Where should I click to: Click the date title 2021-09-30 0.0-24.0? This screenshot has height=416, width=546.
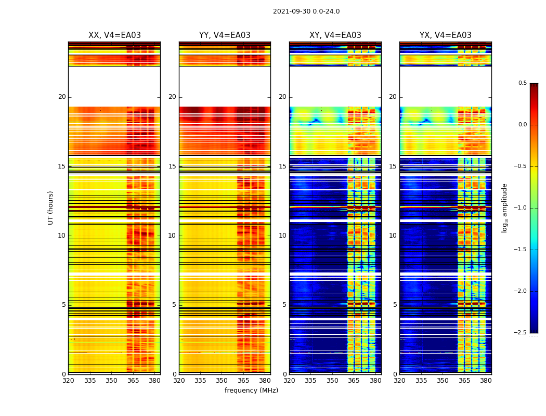click(306, 11)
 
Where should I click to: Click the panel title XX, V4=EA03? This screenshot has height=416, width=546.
click(114, 35)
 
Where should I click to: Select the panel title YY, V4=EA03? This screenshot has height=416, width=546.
click(225, 35)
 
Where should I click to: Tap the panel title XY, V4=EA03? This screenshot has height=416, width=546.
click(335, 35)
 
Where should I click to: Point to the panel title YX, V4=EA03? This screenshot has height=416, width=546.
click(446, 35)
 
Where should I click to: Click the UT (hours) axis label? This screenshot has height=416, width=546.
click(50, 207)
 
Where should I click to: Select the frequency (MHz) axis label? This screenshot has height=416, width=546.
click(251, 391)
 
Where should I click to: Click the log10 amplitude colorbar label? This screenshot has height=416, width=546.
click(504, 207)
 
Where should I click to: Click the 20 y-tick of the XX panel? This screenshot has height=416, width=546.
click(62, 97)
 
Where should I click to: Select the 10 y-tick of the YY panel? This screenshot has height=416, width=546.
click(172, 236)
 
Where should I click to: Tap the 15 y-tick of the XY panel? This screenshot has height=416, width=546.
click(282, 166)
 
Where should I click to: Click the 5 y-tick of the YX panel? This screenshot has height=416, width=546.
click(395, 305)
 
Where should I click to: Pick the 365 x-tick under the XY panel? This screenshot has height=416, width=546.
click(354, 380)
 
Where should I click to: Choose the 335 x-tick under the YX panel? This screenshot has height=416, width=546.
click(421, 380)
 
